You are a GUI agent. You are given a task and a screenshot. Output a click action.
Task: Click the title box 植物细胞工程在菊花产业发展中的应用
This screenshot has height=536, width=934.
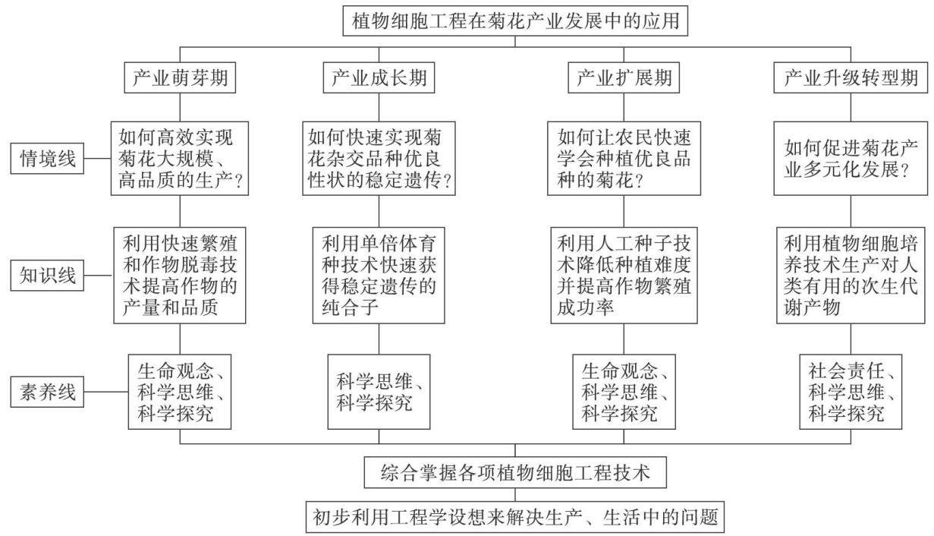coord(515,20)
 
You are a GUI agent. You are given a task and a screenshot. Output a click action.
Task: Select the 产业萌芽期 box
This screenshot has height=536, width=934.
coord(180,77)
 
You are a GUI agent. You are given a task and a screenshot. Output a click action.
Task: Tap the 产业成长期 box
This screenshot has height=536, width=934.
coord(379,77)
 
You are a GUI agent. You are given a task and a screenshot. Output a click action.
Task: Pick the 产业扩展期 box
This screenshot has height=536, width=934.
coord(624,77)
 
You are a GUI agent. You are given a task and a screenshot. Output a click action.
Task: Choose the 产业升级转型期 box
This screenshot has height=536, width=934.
coord(851,77)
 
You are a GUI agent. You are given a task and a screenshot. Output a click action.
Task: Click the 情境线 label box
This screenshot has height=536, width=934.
coord(47,159)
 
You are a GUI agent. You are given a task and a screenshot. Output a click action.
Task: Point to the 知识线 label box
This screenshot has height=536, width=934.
coord(47,276)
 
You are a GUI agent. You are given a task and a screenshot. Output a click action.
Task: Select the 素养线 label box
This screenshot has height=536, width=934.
coord(47,392)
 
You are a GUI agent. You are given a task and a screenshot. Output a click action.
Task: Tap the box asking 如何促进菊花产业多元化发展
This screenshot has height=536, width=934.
coord(851,159)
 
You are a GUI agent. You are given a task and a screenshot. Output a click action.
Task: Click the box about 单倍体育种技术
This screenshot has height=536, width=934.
coord(379,276)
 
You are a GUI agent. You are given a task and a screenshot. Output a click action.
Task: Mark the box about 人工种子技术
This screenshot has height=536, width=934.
coord(624,276)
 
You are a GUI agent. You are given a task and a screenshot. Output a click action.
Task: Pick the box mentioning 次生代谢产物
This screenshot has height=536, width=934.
coord(851,276)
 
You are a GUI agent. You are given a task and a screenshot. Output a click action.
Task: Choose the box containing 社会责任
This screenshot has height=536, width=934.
coord(851,392)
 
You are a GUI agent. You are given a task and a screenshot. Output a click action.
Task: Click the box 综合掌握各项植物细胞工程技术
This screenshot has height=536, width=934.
coord(515,472)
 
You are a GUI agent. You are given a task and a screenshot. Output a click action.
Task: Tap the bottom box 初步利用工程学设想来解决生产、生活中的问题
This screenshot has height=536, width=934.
coord(515,517)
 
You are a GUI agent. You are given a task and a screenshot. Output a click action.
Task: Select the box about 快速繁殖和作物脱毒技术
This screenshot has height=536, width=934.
coord(180,276)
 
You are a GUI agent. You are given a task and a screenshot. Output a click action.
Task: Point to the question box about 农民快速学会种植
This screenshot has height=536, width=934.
coord(624,159)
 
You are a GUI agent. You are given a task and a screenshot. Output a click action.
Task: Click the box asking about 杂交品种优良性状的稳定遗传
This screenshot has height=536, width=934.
coord(379,159)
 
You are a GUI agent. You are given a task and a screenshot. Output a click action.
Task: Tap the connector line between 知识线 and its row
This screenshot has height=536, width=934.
coord(99,276)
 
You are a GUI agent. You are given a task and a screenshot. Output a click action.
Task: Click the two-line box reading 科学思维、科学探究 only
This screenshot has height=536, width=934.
coord(379,392)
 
